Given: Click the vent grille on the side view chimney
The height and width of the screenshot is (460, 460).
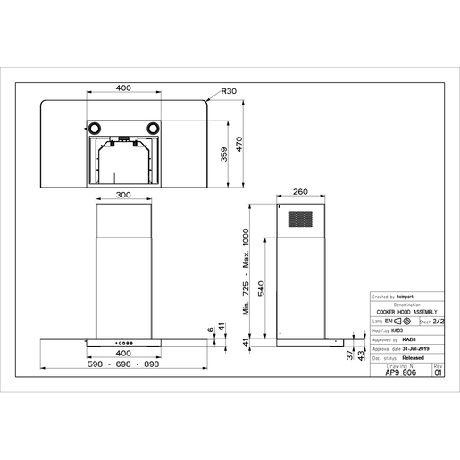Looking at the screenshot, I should [299, 220].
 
